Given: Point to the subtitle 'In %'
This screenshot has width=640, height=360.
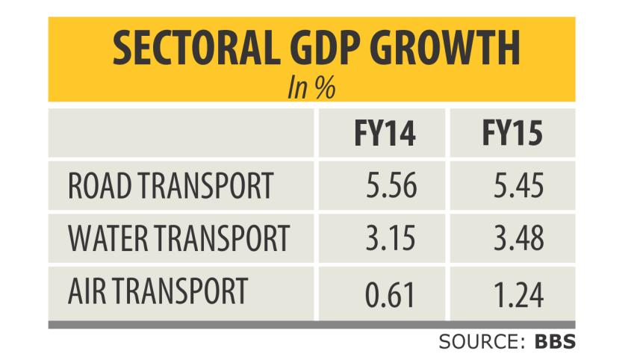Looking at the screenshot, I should (310, 88).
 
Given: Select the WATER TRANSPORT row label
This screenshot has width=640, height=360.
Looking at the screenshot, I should (178, 238).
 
